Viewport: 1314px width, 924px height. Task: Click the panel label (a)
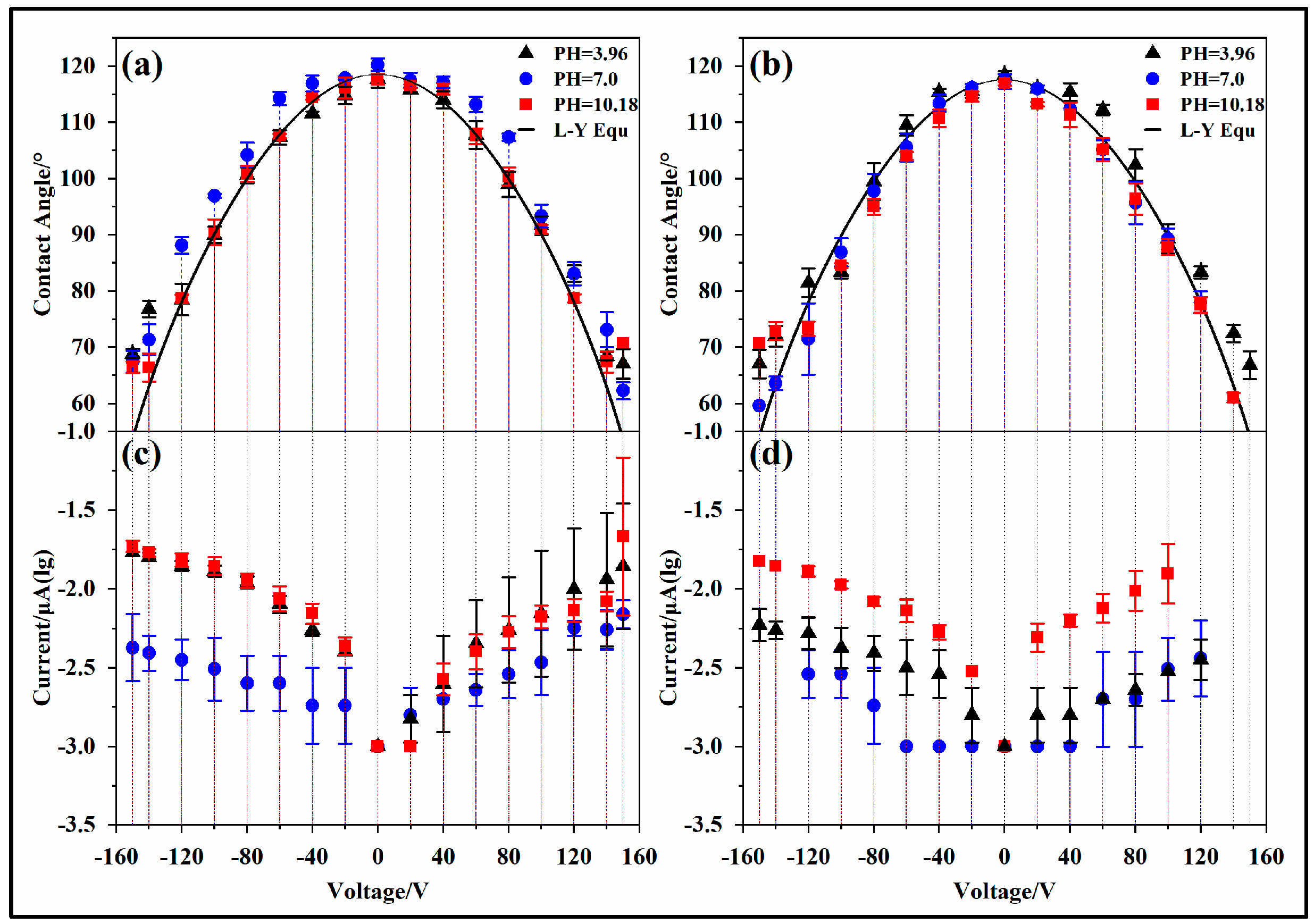click(x=142, y=65)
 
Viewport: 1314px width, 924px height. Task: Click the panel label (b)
click(x=771, y=65)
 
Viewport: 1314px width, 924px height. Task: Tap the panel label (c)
click(x=141, y=455)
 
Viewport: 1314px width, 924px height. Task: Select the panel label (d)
click(x=771, y=455)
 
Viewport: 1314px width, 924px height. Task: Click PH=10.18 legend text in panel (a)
click(x=595, y=105)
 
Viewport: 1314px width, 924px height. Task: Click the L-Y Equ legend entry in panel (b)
click(x=1217, y=130)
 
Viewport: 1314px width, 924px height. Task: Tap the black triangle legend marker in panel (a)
click(x=525, y=53)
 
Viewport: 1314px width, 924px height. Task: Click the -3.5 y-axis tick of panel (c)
click(x=76, y=825)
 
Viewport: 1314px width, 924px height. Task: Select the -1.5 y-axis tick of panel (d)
click(x=703, y=510)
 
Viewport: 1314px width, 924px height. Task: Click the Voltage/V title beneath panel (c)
click(x=377, y=891)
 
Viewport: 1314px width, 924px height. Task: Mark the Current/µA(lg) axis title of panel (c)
click(x=43, y=628)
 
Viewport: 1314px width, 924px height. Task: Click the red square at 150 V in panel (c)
click(x=623, y=536)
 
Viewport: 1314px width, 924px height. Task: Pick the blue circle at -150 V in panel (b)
click(x=759, y=406)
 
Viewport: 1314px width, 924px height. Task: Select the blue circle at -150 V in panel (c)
click(x=132, y=648)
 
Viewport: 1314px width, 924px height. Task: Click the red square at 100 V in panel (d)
click(x=1167, y=573)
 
